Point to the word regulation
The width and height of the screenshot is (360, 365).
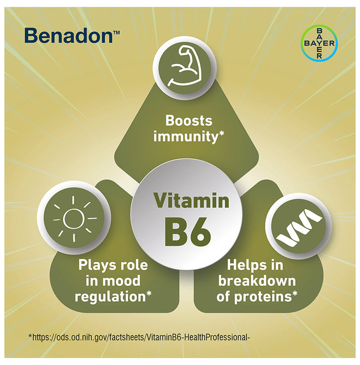110,297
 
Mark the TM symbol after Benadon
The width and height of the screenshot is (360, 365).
116,32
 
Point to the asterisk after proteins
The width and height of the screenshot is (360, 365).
295,295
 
